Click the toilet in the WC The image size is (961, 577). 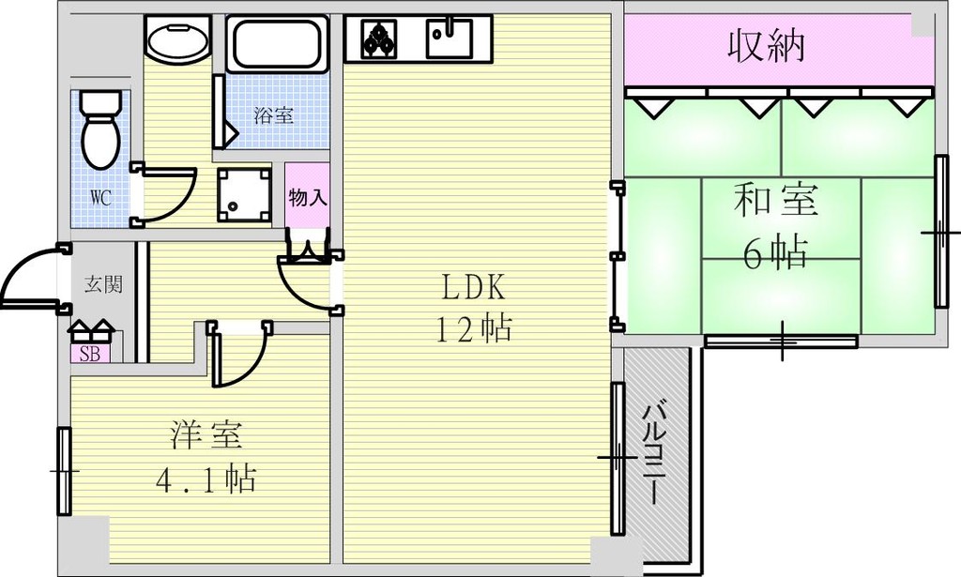(x=99, y=131)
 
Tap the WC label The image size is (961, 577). (x=101, y=199)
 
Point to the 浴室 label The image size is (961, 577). (x=275, y=116)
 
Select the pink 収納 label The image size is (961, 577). (x=767, y=46)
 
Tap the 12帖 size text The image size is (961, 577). (x=472, y=328)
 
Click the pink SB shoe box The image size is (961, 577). (x=90, y=354)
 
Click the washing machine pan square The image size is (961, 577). (x=243, y=194)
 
